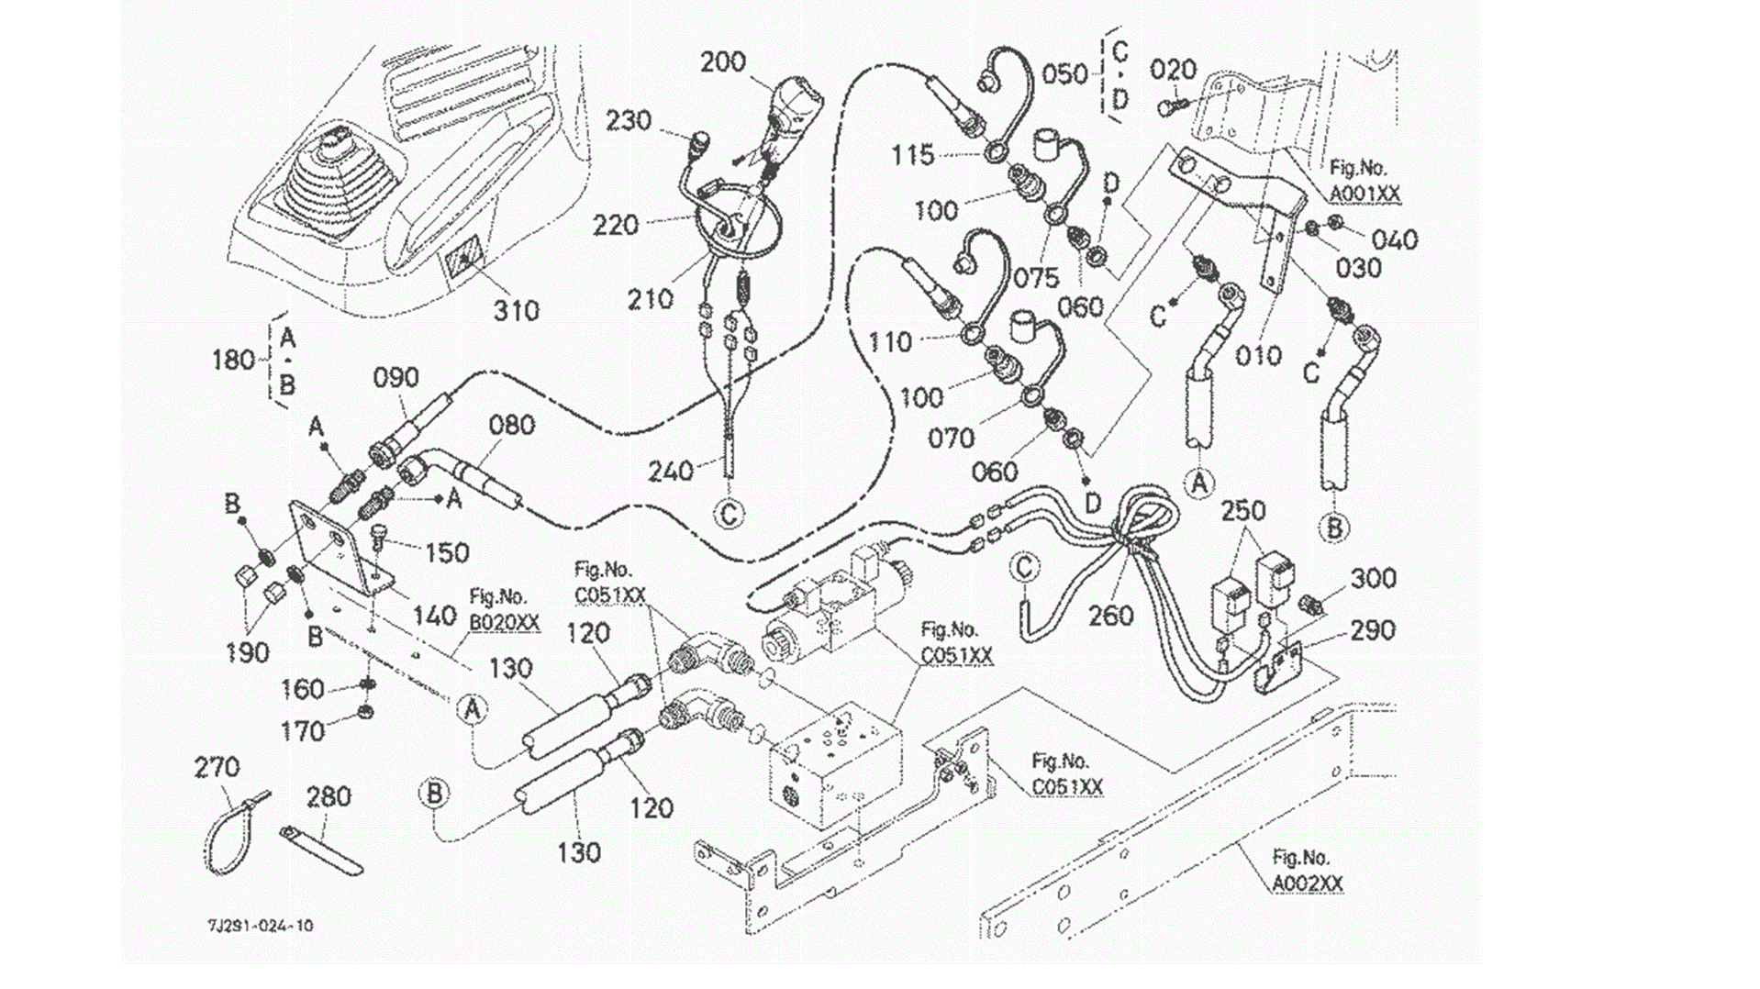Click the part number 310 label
[516, 311]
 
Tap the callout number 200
[722, 62]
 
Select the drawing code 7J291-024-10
[260, 926]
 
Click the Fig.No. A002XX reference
[1307, 872]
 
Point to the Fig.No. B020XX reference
[504, 610]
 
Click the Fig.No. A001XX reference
[1365, 182]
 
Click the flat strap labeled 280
[321, 850]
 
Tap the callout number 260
[1110, 616]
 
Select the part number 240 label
[670, 472]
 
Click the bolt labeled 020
[1168, 107]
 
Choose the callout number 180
[233, 360]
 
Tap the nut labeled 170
[364, 712]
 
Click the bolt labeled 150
[378, 537]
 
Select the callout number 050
[1064, 73]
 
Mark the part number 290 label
[1372, 631]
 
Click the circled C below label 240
[729, 514]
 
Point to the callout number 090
[395, 378]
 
